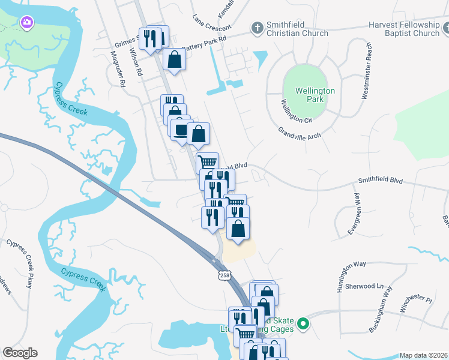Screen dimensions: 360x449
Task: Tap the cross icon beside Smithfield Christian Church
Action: click(257, 28)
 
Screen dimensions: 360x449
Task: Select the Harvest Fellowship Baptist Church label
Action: click(404, 29)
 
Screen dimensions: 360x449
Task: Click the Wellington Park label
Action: click(315, 95)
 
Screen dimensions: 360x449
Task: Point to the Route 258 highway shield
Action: click(224, 275)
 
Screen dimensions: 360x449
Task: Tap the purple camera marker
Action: click(26, 23)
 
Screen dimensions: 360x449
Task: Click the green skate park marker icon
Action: click(304, 325)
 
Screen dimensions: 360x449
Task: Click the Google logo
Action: click(20, 353)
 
